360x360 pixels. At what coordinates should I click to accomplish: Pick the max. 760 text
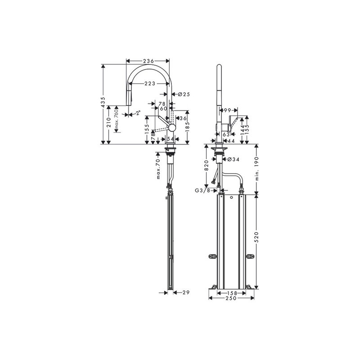click(116, 120)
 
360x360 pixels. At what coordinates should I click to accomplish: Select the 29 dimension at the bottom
click(184, 292)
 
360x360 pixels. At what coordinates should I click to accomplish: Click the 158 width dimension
click(231, 292)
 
